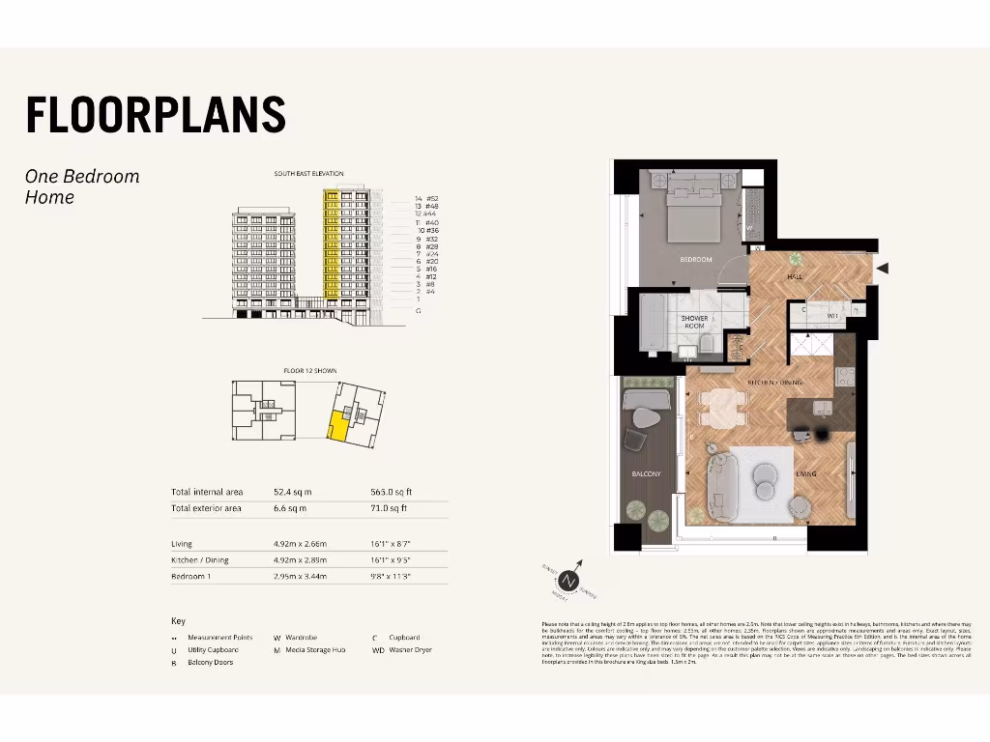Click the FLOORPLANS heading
tap(156, 114)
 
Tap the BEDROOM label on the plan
tap(695, 260)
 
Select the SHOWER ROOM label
tap(694, 322)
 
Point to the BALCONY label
tap(646, 474)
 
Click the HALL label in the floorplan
tap(795, 277)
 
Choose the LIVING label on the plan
tap(806, 474)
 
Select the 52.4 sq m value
tap(290, 492)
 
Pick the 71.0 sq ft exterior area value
tap(391, 507)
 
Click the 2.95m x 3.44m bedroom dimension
tap(300, 576)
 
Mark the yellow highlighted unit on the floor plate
tap(337, 425)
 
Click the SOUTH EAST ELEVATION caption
tap(309, 174)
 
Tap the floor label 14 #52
tap(426, 198)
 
